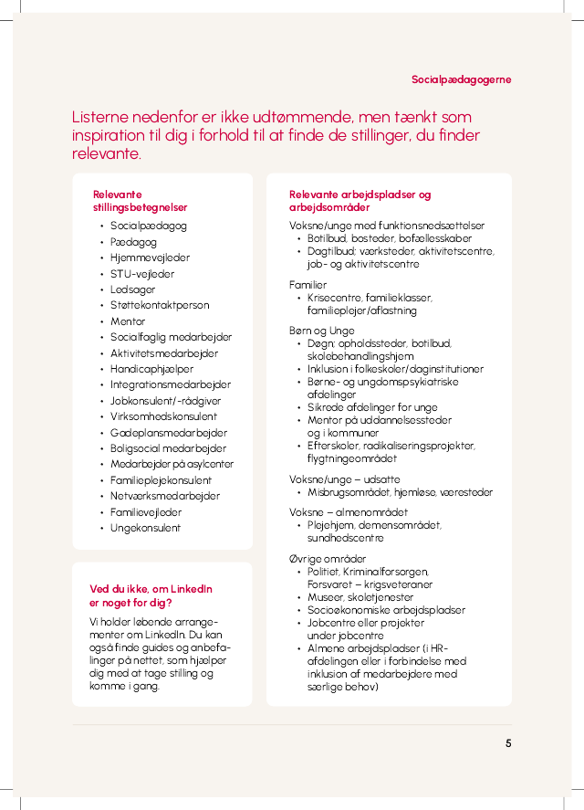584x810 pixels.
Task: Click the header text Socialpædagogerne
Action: (461, 79)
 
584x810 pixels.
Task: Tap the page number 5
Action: (508, 743)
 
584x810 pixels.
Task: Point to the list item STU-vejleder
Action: (142, 274)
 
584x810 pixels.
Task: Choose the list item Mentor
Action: (128, 321)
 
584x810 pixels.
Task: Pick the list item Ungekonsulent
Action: (145, 528)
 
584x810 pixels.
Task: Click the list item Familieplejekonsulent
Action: (161, 480)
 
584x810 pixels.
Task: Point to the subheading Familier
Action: (308, 285)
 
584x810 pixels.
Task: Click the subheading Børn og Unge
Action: (317, 331)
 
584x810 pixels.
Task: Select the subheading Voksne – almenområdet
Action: (348, 512)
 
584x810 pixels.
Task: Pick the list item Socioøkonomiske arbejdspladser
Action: (386, 610)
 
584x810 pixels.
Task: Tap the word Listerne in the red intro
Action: (101, 118)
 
